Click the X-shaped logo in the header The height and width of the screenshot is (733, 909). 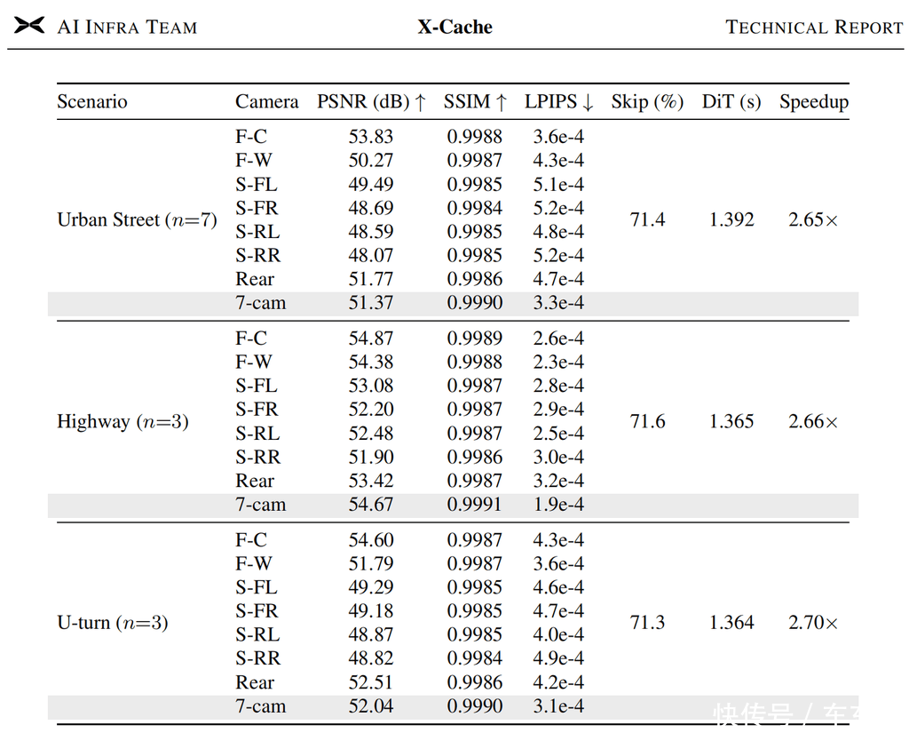[29, 26]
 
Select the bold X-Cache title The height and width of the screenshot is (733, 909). [455, 27]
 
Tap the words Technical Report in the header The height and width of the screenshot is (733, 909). [814, 28]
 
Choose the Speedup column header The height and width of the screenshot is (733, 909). [814, 102]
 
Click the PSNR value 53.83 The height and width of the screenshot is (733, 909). [371, 137]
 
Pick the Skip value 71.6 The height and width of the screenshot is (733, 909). [647, 421]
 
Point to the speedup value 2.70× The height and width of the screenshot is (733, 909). [813, 623]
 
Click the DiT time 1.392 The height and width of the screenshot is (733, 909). [731, 220]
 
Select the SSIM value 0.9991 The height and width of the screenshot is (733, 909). [474, 505]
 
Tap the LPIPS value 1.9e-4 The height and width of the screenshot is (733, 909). [559, 505]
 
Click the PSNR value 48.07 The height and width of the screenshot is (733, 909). [371, 255]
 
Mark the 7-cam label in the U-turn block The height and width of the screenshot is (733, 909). [261, 706]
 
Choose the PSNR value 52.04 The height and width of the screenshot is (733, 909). [371, 706]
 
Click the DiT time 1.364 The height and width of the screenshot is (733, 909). [731, 623]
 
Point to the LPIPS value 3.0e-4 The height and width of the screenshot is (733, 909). [559, 458]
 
